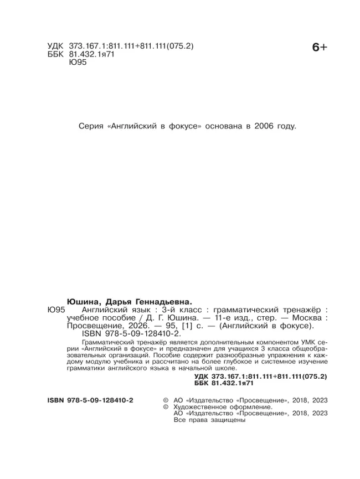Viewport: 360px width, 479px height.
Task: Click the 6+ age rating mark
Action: pos(320,48)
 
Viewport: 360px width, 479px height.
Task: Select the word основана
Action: pos(220,126)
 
